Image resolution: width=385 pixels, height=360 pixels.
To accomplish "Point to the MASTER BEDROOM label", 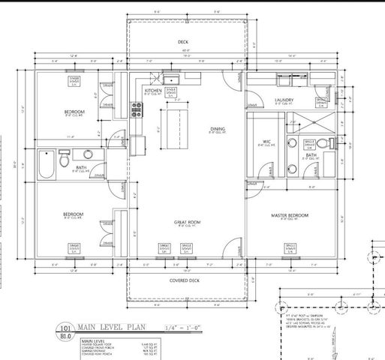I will [x=290, y=215].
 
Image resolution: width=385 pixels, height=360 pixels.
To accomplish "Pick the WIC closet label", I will [x=266, y=141].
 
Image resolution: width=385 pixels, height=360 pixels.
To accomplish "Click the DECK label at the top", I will [x=183, y=42].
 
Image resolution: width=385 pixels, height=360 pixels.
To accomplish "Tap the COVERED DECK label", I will [x=183, y=280].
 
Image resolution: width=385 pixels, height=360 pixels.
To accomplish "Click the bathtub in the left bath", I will [x=45, y=164].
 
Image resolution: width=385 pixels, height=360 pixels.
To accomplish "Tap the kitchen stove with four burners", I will [x=137, y=113].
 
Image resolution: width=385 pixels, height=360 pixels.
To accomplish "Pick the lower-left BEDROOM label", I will [x=74, y=214].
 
